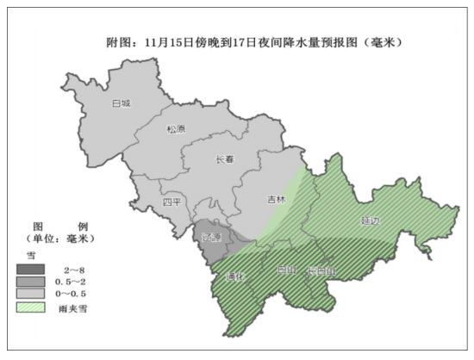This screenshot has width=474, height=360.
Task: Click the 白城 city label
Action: pyautogui.click(x=122, y=103)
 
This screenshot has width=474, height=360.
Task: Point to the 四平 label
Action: pyautogui.click(x=172, y=202)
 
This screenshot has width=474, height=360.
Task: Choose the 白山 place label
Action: pyautogui.click(x=286, y=270)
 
